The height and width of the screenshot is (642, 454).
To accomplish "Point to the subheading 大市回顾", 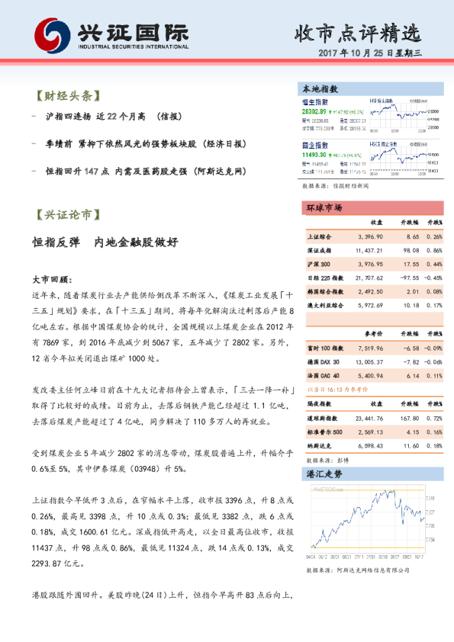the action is (x=52, y=279).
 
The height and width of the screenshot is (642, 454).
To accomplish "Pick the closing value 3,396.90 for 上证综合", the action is (x=369, y=237).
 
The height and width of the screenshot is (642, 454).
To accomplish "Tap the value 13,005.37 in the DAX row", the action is (x=369, y=361).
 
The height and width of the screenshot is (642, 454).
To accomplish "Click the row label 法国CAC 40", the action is (x=323, y=376).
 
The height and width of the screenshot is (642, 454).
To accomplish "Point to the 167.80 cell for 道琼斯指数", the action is (x=411, y=419).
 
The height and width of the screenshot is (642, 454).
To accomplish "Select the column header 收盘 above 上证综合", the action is (x=377, y=223).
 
